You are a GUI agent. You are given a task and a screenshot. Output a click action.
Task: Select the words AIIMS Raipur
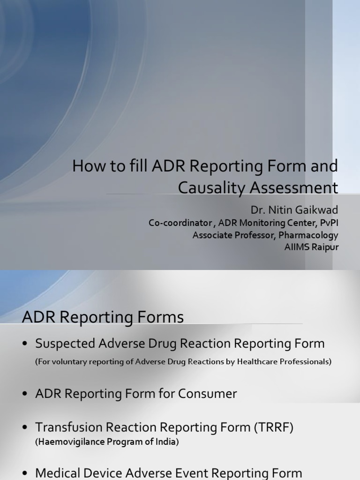pyautogui.click(x=311, y=247)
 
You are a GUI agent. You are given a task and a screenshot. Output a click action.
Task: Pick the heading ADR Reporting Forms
pyautogui.click(x=103, y=317)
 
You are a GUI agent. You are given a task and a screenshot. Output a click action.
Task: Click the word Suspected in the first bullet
pyautogui.click(x=66, y=344)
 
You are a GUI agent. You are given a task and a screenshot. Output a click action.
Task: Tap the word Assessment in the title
pyautogui.click(x=294, y=187)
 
